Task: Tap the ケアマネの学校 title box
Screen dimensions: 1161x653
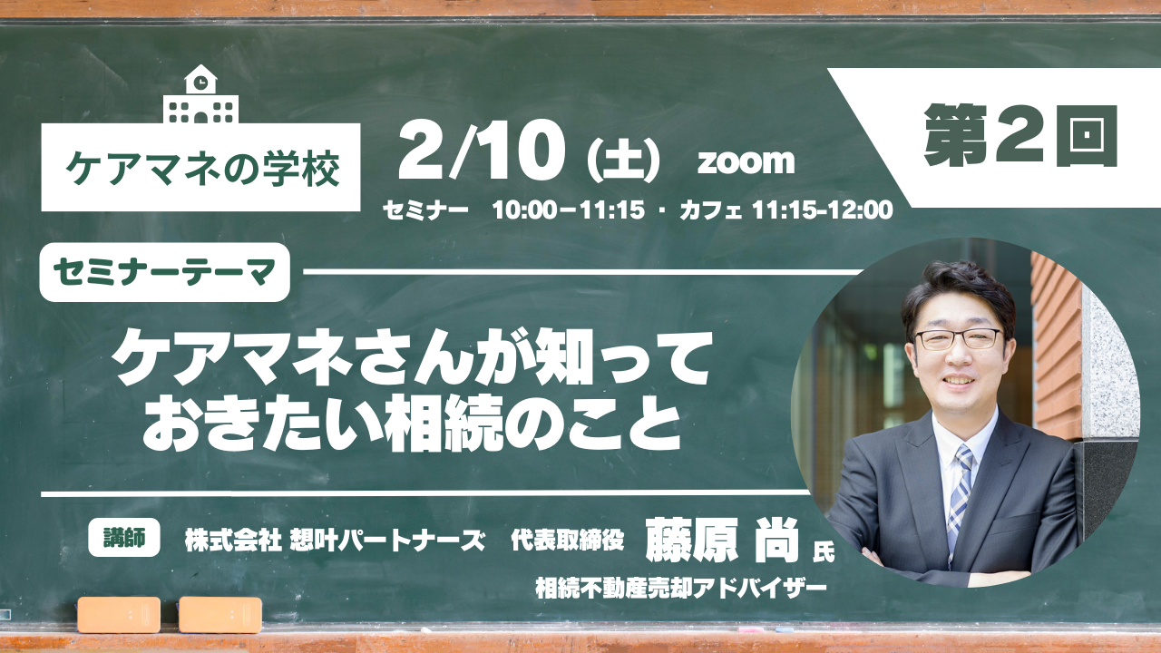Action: coord(200,167)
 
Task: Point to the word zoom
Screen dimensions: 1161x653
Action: coord(746,161)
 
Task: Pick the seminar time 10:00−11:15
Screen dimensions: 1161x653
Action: coord(569,210)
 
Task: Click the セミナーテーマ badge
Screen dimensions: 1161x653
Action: coord(165,272)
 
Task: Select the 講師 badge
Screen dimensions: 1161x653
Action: coord(124,539)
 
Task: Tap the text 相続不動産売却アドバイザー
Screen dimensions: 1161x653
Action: coord(680,589)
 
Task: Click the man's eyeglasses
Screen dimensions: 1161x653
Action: coord(960,339)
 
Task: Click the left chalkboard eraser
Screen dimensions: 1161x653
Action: coord(119,615)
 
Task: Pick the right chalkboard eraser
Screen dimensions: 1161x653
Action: coord(220,615)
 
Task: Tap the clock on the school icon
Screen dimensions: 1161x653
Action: coord(201,82)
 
